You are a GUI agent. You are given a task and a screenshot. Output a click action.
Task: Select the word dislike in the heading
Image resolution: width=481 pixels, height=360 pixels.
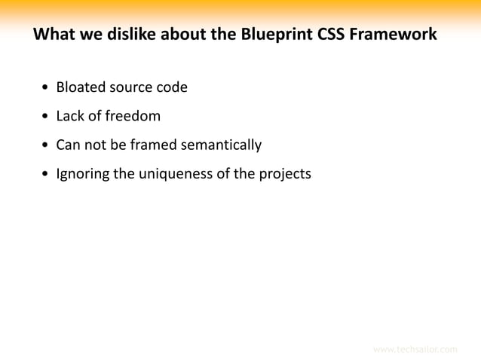[x=127, y=35]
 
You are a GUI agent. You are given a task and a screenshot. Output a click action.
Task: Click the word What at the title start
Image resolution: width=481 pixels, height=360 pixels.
[x=55, y=35]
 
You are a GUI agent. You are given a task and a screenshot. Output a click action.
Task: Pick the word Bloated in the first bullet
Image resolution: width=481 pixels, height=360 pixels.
[x=81, y=87]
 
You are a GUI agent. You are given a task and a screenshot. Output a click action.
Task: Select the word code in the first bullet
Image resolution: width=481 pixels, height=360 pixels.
[x=172, y=87]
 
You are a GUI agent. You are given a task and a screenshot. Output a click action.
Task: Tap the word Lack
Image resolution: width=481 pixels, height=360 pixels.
[x=71, y=116]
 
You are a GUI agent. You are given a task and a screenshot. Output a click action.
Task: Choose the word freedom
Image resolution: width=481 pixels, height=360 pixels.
[x=133, y=116]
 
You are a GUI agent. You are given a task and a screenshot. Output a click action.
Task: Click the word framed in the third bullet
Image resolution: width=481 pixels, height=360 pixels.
[x=152, y=145]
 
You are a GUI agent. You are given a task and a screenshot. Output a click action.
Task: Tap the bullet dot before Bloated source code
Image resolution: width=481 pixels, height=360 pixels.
[x=46, y=88]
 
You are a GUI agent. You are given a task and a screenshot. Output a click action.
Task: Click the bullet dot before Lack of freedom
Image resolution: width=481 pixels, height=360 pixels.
[x=46, y=117]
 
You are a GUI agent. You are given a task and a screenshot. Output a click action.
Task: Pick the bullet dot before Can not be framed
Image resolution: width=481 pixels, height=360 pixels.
[x=46, y=145]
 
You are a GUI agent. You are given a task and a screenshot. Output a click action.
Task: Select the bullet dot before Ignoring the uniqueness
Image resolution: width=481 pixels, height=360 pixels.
[x=46, y=175]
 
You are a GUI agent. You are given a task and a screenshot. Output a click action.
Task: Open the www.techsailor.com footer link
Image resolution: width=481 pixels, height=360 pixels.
[x=415, y=349]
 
